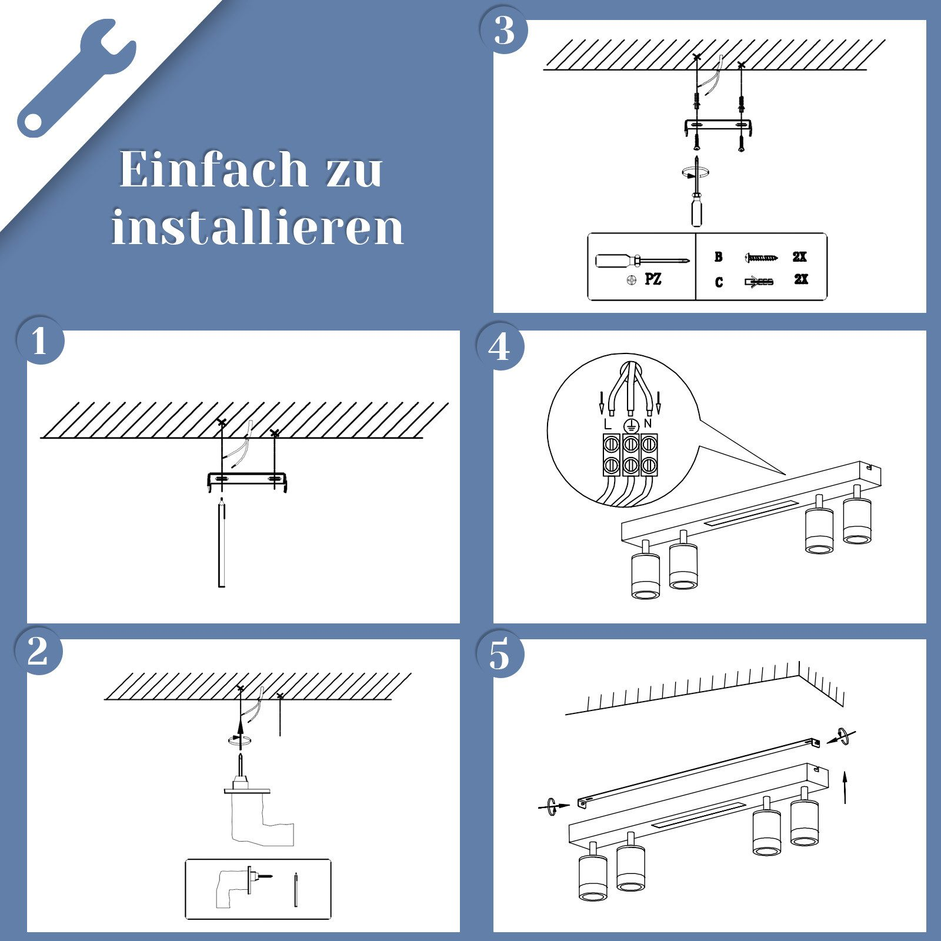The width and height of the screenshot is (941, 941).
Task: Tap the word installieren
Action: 258,228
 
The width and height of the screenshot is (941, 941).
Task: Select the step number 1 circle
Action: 39,341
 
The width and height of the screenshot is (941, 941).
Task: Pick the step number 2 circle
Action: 38,651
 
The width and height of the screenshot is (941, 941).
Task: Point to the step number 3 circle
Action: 503,31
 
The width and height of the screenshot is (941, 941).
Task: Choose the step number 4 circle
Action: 499,346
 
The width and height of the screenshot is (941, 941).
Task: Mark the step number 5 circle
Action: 499,655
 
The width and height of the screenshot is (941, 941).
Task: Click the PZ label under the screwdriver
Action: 653,279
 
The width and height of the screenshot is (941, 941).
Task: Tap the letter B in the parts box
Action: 718,257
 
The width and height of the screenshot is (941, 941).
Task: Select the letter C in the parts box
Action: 719,283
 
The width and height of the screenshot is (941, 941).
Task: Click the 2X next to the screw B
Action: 799,257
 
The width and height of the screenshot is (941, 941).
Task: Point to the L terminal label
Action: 608,423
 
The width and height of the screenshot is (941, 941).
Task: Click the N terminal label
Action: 648,423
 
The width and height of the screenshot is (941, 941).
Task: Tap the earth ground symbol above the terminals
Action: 630,426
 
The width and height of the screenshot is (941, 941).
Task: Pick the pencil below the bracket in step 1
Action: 222,544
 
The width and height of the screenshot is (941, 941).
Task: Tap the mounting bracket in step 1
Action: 247,479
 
